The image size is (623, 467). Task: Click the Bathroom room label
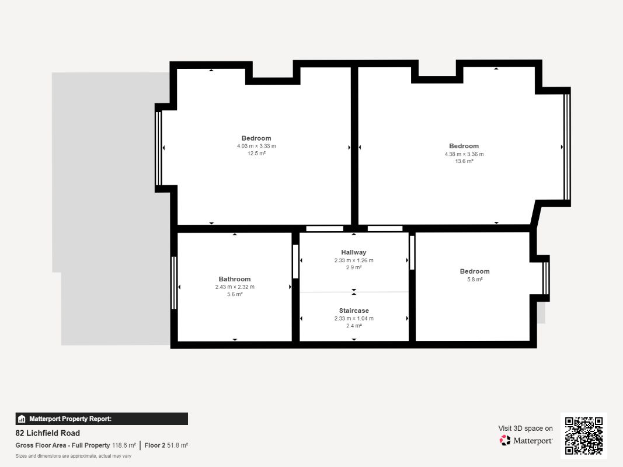click(234, 279)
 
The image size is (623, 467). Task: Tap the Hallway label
click(354, 252)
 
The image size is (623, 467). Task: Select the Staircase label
click(354, 311)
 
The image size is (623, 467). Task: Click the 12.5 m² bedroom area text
click(256, 154)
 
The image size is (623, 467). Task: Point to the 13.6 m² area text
click(464, 161)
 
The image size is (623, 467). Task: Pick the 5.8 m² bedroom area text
click(475, 280)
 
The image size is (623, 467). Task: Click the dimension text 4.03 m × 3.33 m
click(256, 146)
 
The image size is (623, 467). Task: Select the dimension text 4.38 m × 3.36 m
click(464, 154)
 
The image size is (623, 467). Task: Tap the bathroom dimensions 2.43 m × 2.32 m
click(234, 287)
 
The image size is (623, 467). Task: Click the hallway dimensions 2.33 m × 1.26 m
click(354, 260)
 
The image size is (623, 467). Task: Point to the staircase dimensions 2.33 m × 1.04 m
click(354, 319)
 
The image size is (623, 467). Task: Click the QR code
click(584, 435)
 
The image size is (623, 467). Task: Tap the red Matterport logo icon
click(505, 440)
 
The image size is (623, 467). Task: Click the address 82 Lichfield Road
click(48, 433)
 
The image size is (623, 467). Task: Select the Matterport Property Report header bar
click(102, 419)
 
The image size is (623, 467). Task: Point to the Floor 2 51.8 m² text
click(166, 445)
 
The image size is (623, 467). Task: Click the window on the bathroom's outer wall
click(173, 283)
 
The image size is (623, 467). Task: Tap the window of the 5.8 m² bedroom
click(547, 278)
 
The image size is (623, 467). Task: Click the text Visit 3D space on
click(525, 428)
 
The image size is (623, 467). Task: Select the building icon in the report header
click(22, 419)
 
